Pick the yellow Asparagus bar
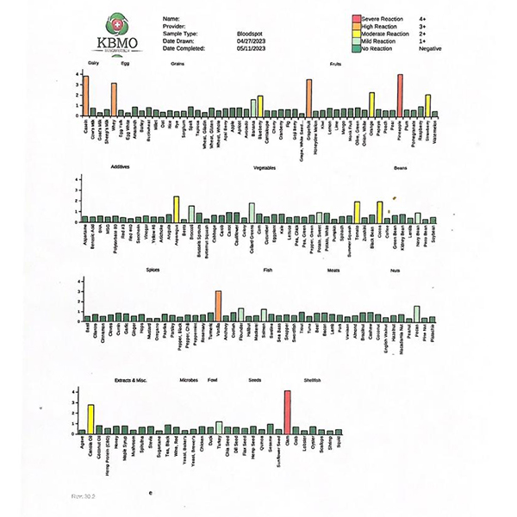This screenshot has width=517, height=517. [x=176, y=207]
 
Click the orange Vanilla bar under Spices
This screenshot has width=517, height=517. [x=218, y=306]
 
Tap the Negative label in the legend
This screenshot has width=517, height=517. [x=429, y=48]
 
